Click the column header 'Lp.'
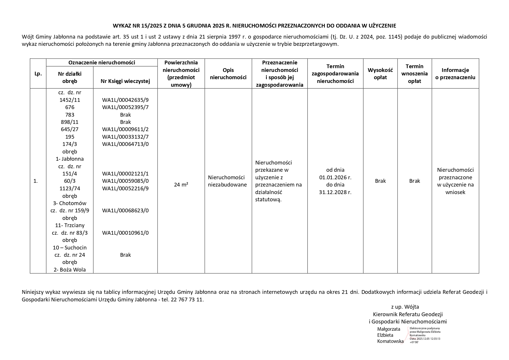tap(38, 74)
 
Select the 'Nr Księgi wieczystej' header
tap(125, 81)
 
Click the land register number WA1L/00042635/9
tap(125, 100)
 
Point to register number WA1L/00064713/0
tap(125, 144)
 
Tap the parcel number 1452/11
tap(70, 100)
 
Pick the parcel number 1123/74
tap(70, 188)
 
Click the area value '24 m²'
tap(181, 184)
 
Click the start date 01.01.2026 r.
tap(335, 177)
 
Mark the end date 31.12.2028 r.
tap(335, 192)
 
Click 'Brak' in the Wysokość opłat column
tap(380, 181)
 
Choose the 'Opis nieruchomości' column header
tap(228, 74)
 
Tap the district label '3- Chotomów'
tap(70, 203)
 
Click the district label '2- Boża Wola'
tap(70, 269)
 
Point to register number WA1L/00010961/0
tap(125, 233)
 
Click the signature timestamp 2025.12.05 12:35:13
tap(428, 339)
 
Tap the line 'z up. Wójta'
tap(405, 307)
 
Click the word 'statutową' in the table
tap(268, 199)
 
